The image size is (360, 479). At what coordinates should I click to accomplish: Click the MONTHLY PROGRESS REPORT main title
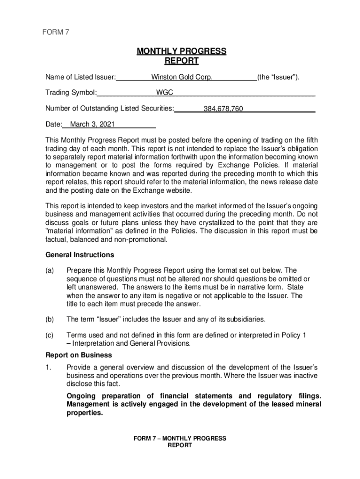point(181,56)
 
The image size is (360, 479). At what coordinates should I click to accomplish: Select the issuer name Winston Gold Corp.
point(182,77)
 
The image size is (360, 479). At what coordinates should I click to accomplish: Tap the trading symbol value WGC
point(165,93)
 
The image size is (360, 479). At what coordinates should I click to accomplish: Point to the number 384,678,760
point(223,109)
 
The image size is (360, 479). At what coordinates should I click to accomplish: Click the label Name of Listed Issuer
point(80,77)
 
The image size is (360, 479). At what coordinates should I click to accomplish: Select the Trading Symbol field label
point(71,93)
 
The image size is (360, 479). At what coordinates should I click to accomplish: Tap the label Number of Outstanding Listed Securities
point(109,109)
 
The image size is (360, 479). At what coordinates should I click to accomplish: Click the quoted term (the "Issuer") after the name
point(278,77)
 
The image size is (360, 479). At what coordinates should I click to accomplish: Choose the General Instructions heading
point(79,255)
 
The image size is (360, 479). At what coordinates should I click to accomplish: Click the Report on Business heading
point(79,355)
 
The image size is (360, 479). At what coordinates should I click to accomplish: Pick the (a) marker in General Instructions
point(50,271)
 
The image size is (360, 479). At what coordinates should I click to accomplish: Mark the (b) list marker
point(50,319)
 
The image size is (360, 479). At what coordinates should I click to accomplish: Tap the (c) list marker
point(50,335)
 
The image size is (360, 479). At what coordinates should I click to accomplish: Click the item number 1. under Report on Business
point(49,367)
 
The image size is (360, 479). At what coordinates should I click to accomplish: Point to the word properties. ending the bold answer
point(85,414)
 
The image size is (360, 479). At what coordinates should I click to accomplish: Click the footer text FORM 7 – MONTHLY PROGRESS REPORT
point(180,442)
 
